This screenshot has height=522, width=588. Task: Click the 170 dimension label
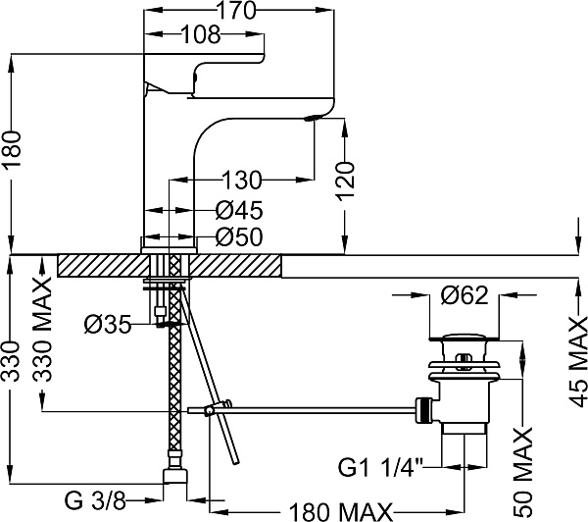pos(236,10)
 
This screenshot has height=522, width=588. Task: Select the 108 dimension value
pos(201,35)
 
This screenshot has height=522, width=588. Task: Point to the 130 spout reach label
pos(241,181)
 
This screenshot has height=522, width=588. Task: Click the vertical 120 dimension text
pos(345,181)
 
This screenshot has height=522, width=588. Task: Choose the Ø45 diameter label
pos(239,210)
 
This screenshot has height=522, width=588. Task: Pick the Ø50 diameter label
pos(239,237)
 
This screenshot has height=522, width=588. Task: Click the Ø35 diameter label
pos(108,324)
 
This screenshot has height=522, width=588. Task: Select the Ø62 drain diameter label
pos(465,295)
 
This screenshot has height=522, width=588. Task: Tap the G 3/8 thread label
pos(96,501)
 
